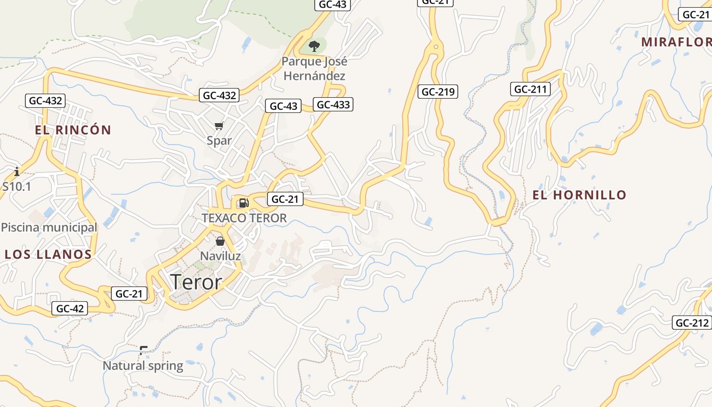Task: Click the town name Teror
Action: click(196, 282)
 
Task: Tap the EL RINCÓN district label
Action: click(73, 130)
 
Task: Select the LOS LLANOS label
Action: click(48, 254)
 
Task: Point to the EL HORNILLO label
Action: click(579, 195)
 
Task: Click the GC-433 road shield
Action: click(333, 105)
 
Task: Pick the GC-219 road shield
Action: click(438, 92)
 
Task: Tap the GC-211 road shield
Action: click(530, 90)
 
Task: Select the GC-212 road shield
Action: click(692, 323)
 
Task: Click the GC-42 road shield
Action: click(70, 308)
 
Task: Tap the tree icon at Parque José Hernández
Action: click(314, 46)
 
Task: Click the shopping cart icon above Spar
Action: click(219, 126)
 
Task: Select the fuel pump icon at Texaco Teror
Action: click(244, 203)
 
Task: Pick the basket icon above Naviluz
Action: click(220, 241)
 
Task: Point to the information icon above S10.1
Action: click(17, 171)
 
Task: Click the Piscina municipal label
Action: click(49, 227)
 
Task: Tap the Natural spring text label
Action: click(143, 366)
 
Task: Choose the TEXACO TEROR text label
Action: click(244, 218)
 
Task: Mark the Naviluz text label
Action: click(220, 256)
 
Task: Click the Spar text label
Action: click(219, 141)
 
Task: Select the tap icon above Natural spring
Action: click(143, 350)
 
